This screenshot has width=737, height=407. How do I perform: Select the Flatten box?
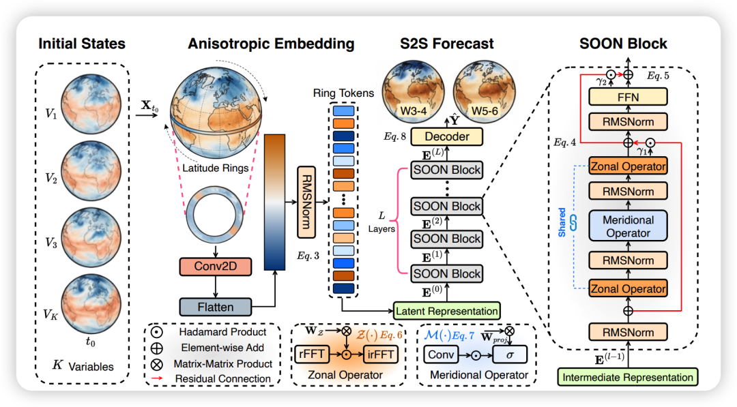(x=216, y=307)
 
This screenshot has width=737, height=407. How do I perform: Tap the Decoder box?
(x=447, y=136)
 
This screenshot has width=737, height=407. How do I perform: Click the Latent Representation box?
(x=447, y=311)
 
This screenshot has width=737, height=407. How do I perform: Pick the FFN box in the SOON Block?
(x=627, y=97)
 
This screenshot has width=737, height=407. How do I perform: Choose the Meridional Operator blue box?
(x=627, y=227)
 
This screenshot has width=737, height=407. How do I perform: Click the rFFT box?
(x=311, y=353)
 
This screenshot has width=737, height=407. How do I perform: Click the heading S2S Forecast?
(x=446, y=44)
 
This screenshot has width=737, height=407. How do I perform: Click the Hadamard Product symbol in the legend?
(x=157, y=333)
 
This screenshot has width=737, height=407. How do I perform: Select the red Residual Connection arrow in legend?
(x=158, y=378)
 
